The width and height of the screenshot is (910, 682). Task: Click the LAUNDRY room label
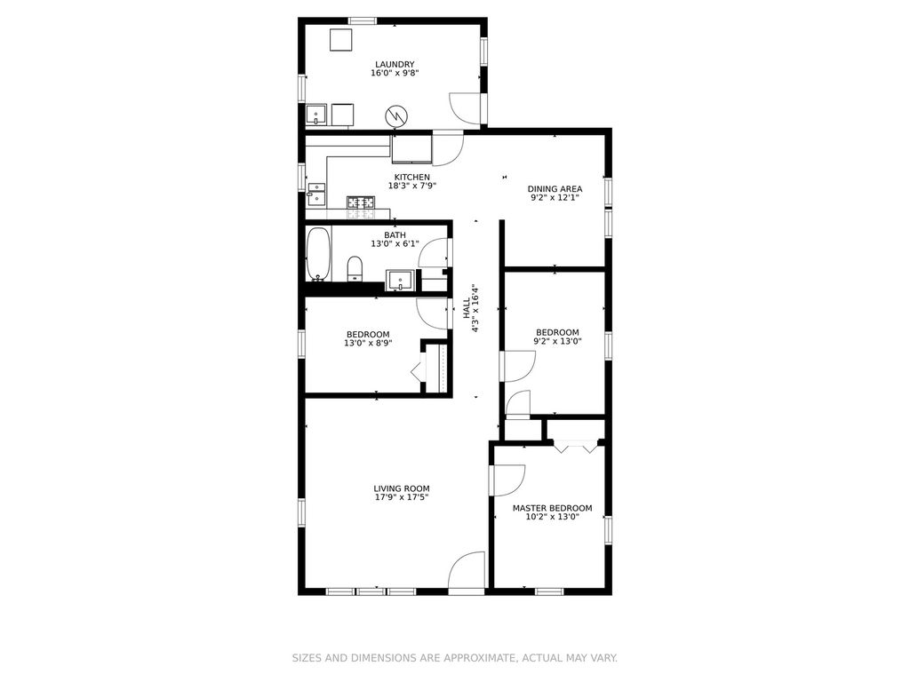(395, 64)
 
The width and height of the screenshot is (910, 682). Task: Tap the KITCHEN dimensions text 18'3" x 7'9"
(412, 186)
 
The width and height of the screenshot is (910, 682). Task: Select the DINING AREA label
(555, 188)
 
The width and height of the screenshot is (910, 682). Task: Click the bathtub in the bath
(318, 253)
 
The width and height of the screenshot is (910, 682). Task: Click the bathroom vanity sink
(401, 280)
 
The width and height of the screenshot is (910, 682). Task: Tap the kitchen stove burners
(361, 202)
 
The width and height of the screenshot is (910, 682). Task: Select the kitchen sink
(317, 194)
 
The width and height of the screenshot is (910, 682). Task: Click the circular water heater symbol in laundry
(397, 116)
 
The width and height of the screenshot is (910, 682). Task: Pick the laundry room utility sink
(316, 115)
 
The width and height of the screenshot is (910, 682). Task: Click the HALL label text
(466, 308)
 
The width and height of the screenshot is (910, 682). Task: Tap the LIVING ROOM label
(402, 489)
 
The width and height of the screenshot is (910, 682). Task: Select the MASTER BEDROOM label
(553, 508)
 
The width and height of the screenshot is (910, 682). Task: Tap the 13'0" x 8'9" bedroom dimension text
(368, 343)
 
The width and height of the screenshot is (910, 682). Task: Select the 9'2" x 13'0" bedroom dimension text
(557, 341)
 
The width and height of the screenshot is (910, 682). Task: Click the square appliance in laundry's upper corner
(341, 40)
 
